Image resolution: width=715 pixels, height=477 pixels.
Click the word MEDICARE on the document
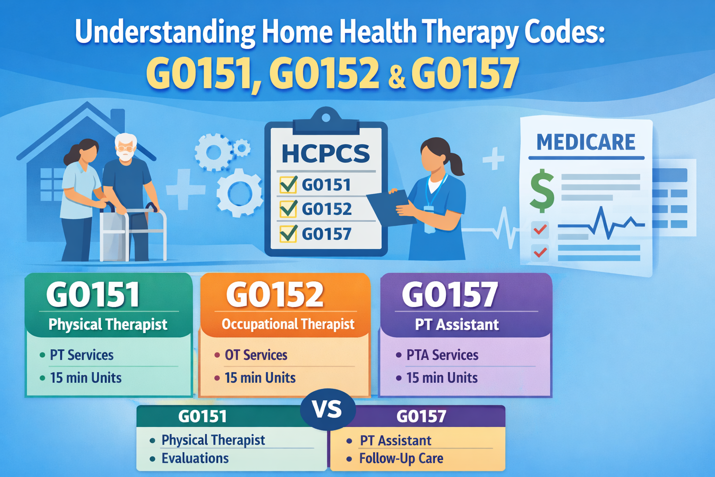click(586, 142)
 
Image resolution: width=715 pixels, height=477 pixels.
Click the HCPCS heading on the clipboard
click(325, 154)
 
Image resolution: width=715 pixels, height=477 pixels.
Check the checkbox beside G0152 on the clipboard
click(288, 209)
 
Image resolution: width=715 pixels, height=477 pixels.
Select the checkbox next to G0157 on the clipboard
click(288, 233)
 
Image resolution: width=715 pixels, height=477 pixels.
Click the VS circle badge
click(328, 409)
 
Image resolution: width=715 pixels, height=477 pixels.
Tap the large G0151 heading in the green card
click(93, 295)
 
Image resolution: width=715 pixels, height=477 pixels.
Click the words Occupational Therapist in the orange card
click(288, 324)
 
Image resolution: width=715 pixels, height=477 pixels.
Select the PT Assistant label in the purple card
click(457, 325)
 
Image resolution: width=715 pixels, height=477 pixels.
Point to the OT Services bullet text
click(256, 355)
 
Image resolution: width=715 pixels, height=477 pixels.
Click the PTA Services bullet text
click(442, 355)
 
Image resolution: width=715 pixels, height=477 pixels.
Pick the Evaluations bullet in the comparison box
click(195, 458)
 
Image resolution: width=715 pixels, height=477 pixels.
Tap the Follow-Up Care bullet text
click(401, 458)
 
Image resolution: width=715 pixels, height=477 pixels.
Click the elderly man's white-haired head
click(126, 147)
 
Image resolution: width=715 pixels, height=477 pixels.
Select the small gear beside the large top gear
click(242, 149)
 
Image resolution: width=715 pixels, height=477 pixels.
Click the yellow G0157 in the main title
click(465, 74)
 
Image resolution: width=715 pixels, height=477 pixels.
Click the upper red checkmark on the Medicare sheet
click(540, 229)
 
